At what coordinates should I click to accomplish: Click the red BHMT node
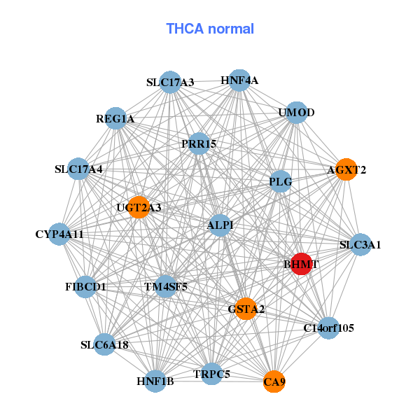(x=301, y=264)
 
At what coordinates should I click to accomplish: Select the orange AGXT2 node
(x=346, y=169)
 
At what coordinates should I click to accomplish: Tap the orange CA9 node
(x=274, y=382)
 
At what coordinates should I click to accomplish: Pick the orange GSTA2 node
(x=246, y=309)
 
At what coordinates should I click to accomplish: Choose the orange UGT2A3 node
(x=139, y=207)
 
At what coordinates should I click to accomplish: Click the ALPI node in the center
(x=220, y=225)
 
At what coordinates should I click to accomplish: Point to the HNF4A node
(x=239, y=80)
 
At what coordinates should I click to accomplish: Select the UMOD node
(x=296, y=113)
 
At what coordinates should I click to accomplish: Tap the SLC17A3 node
(x=170, y=83)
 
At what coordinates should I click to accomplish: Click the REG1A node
(x=115, y=119)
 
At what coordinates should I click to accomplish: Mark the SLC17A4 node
(x=79, y=169)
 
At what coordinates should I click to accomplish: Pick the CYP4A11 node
(x=59, y=234)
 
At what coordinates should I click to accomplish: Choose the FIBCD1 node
(x=85, y=287)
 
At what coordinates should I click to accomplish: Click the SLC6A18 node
(x=104, y=344)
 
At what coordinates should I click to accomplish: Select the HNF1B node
(x=155, y=381)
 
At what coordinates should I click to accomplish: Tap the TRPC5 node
(x=211, y=374)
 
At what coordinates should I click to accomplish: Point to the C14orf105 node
(x=329, y=328)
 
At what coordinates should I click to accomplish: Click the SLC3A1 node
(x=360, y=245)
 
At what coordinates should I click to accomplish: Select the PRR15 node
(x=199, y=144)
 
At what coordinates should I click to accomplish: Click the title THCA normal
(x=210, y=29)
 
